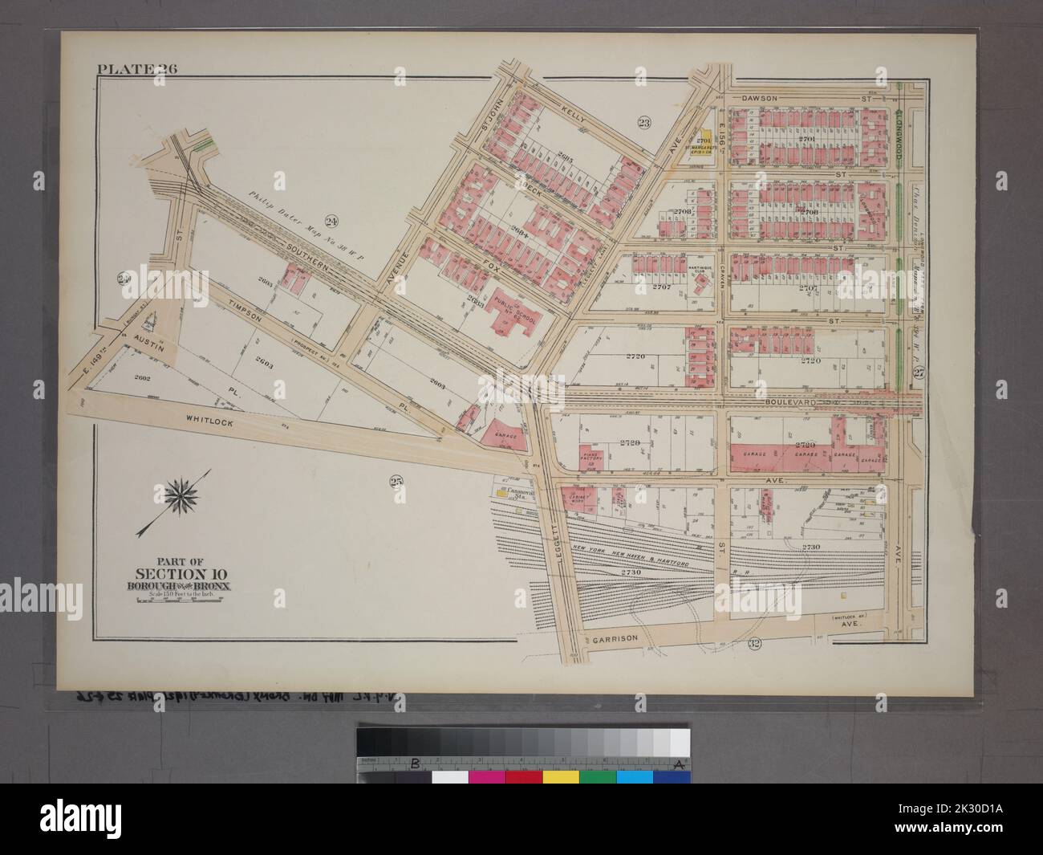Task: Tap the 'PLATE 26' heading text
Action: pos(137,69)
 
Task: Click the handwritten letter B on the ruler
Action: pos(415,763)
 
